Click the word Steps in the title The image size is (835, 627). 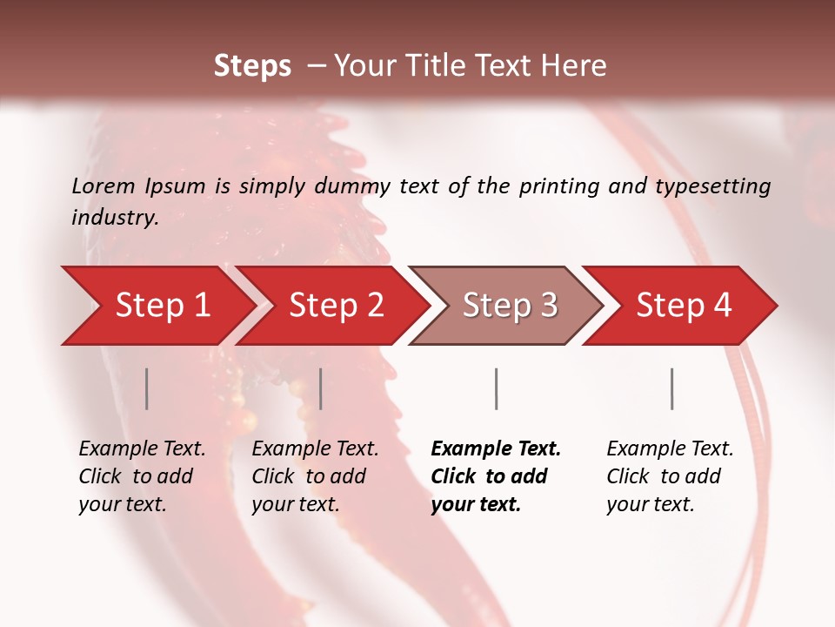[x=252, y=66]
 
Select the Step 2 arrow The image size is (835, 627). [x=335, y=306]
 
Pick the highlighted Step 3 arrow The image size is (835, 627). [x=509, y=306]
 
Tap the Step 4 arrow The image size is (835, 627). [x=683, y=306]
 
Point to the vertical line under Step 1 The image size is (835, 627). [x=147, y=388]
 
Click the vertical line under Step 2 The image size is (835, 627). [x=321, y=388]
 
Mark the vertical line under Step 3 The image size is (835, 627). [x=497, y=388]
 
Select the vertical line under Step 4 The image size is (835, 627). [x=672, y=388]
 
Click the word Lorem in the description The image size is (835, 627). [x=104, y=186]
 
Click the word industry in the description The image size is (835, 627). [x=115, y=218]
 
